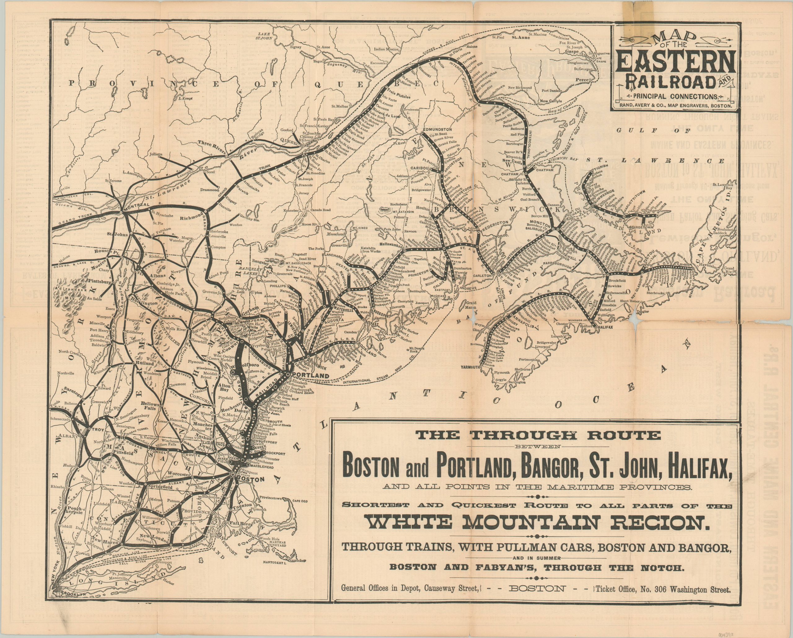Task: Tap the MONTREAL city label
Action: click(x=137, y=205)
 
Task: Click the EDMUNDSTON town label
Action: click(x=438, y=130)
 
